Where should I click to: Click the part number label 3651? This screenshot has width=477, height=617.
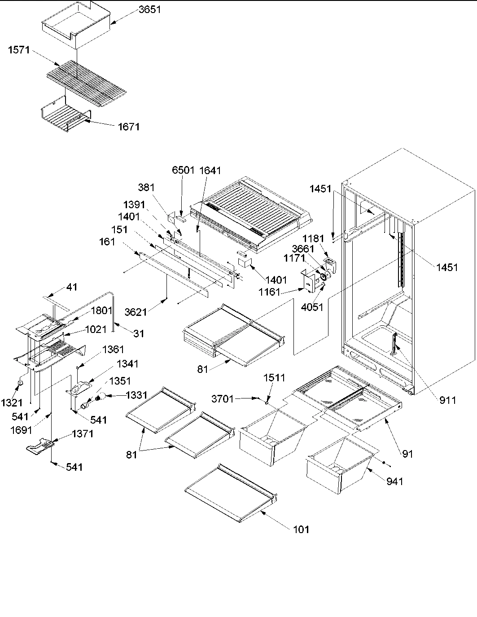point(149,10)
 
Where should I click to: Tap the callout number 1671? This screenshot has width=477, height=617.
point(129,127)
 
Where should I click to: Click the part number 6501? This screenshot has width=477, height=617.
point(183,171)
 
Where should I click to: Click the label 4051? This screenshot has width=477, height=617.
point(313,307)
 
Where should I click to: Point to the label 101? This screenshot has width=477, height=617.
point(301,529)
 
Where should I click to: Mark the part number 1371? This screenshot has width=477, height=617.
point(83,434)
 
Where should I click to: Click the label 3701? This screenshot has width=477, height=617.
point(223,398)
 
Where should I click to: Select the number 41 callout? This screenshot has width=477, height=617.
point(72,287)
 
